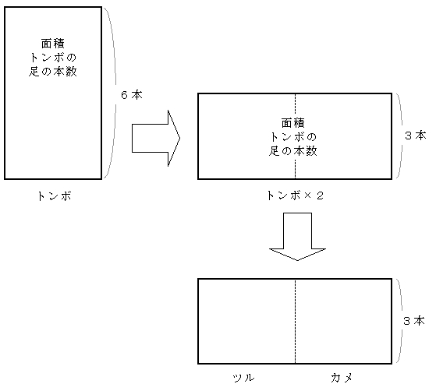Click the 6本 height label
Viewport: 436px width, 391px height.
[x=132, y=95]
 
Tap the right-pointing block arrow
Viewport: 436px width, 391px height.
[x=156, y=139]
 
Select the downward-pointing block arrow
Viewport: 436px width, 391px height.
[x=297, y=237]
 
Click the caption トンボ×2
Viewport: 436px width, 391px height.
[x=296, y=195]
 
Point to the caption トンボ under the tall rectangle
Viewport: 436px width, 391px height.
[x=55, y=196]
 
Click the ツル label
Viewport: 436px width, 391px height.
[x=244, y=378]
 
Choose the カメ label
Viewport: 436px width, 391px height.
[x=342, y=378]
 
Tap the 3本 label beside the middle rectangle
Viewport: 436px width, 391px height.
[x=416, y=136]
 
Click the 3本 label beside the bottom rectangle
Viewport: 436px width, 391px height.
[x=414, y=321]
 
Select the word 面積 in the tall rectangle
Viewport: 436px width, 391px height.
[x=53, y=44]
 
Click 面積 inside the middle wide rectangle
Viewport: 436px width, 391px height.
[x=293, y=123]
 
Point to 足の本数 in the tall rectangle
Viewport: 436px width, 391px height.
[x=53, y=72]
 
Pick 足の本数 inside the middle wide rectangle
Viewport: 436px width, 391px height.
[x=293, y=151]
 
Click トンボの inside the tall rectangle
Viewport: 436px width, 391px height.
[x=53, y=58]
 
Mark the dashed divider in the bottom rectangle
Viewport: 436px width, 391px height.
[x=296, y=321]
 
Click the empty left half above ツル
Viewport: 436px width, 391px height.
[x=246, y=321]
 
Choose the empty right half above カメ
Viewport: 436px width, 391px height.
[x=343, y=321]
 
